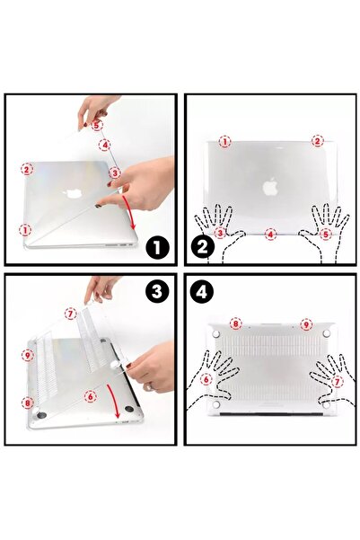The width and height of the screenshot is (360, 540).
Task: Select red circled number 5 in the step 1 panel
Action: tap(96, 126)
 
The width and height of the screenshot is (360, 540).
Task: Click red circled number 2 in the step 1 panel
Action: tap(27, 168)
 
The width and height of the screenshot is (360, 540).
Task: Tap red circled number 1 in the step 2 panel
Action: tap(224, 141)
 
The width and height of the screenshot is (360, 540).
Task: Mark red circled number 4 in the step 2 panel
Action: tap(270, 234)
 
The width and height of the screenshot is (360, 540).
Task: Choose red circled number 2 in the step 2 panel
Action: tap(317, 141)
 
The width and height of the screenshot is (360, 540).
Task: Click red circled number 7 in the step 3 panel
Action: tap(70, 314)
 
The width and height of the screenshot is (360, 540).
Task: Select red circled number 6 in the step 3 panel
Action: tap(90, 395)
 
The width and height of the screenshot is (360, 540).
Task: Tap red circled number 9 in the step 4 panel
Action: tap(306, 323)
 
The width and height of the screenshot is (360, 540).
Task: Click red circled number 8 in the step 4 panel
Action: tap(235, 323)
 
